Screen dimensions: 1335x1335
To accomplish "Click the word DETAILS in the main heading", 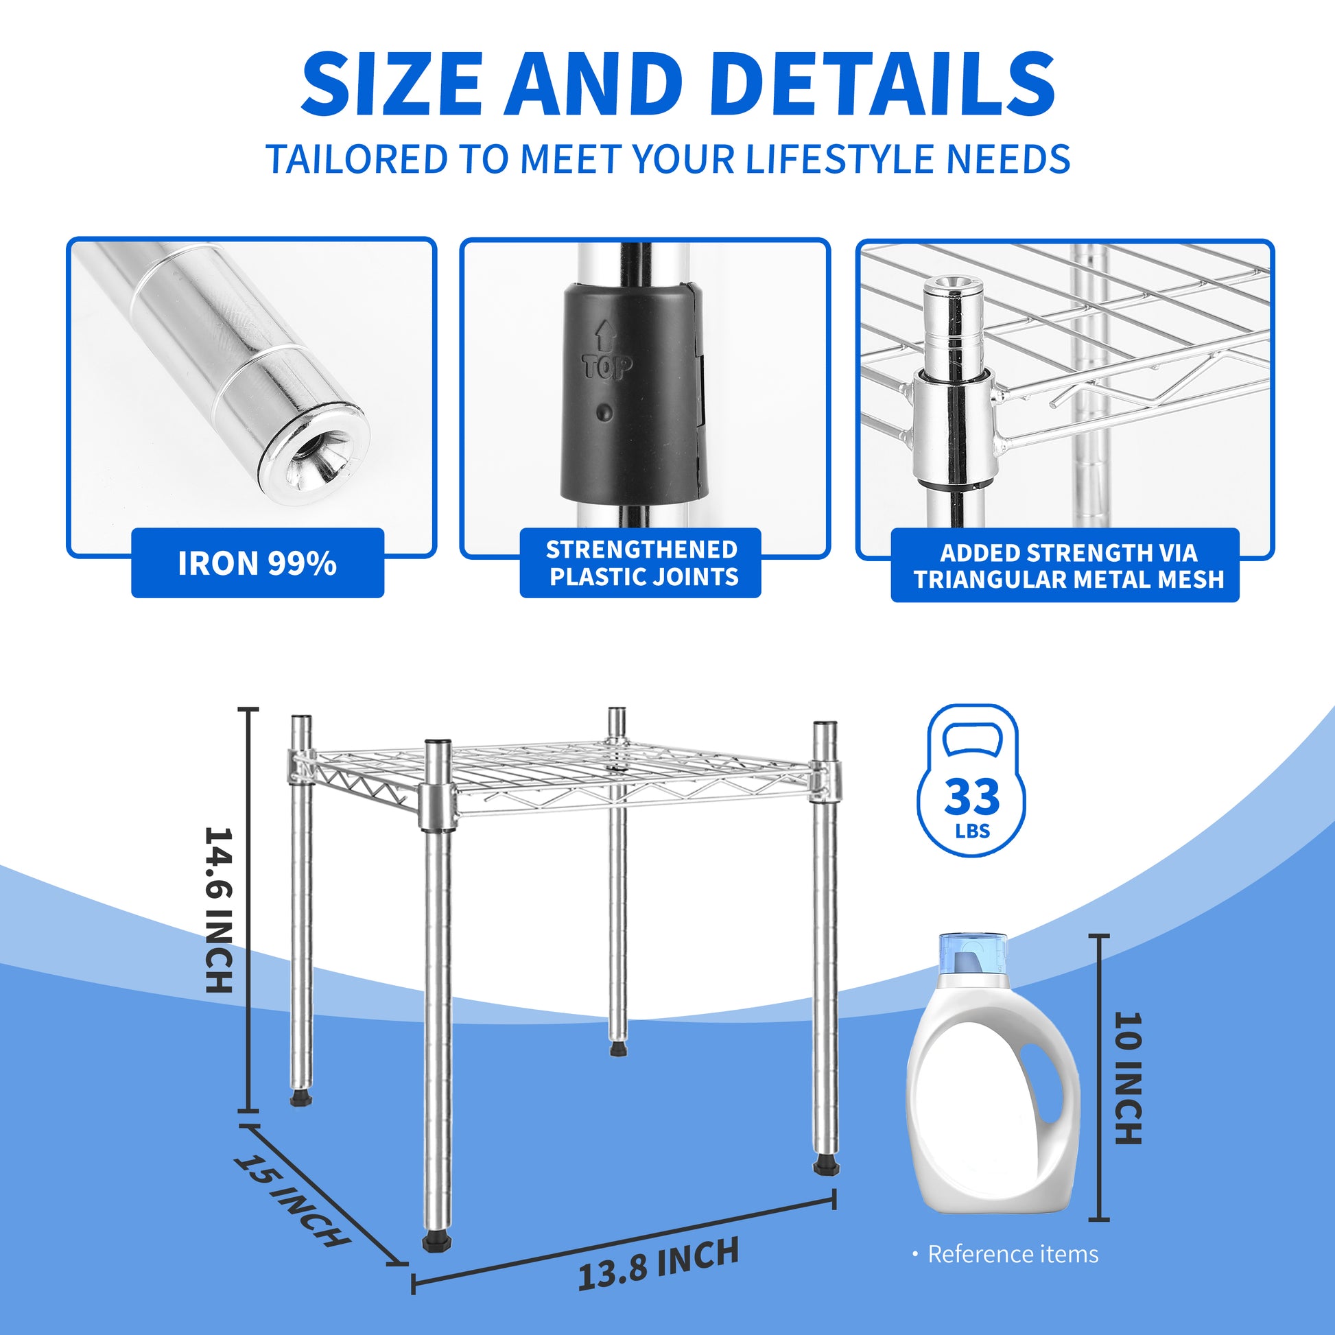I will tap(882, 85).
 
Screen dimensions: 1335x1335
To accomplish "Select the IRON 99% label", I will tap(257, 563).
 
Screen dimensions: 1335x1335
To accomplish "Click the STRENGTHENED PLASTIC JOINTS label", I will tap(642, 563).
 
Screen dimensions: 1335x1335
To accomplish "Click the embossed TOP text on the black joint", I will tap(606, 367).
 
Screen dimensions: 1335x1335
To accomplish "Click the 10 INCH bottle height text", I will tap(1129, 1078).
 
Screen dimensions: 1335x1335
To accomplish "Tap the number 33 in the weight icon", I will tap(971, 796).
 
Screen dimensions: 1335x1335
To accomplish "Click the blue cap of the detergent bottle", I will tap(972, 954).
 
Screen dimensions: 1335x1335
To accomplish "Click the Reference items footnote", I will tap(1012, 1254).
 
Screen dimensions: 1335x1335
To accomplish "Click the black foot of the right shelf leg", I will tap(827, 1166).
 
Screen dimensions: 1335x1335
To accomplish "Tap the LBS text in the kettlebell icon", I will tap(972, 831).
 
